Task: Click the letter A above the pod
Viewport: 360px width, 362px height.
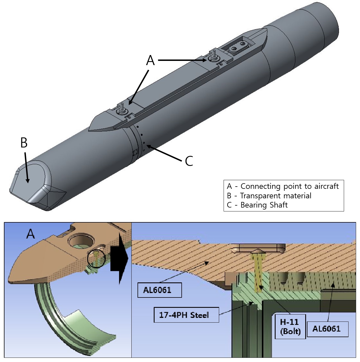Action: coord(150,60)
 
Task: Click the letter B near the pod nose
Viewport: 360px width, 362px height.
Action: coord(24,143)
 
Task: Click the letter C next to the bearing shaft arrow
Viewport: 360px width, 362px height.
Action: coord(189,161)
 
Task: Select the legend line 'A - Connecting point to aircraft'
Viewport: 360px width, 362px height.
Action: coord(283,186)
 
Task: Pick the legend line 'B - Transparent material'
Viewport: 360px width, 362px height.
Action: coord(269,196)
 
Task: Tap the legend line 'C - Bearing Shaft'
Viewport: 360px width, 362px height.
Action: coord(257,205)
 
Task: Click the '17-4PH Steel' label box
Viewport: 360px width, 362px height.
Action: coord(186,315)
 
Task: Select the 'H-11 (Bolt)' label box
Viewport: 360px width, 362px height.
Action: coord(290,327)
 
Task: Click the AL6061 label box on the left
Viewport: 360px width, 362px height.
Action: coord(159,290)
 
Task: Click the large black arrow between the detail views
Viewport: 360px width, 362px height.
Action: coord(119,258)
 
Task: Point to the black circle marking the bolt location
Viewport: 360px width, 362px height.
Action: coord(96,258)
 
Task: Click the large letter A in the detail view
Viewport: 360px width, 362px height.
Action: coord(30,234)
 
